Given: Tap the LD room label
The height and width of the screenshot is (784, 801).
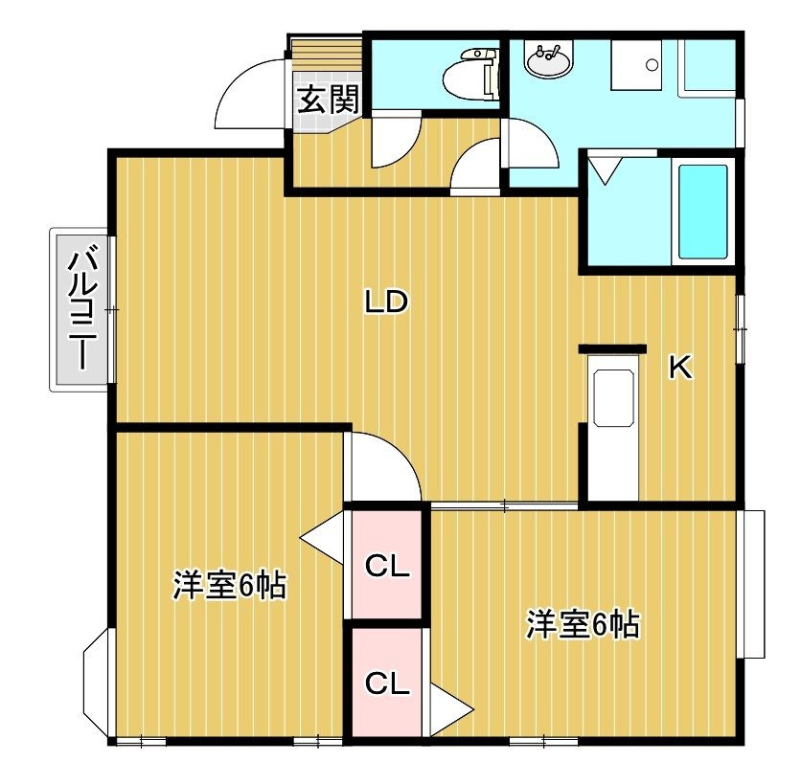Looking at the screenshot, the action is (387, 302).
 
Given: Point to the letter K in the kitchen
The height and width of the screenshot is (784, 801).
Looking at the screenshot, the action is (680, 368).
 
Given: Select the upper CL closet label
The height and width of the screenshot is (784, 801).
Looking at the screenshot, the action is (387, 566).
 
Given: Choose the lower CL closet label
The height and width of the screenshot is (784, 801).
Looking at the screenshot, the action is (387, 683).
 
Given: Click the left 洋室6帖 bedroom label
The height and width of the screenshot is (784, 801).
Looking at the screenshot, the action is (229, 586).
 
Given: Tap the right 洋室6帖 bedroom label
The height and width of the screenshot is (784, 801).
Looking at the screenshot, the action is (583, 624).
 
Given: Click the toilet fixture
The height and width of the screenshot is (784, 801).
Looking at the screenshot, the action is (471, 74).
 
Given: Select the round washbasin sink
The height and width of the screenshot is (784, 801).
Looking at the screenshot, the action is (548, 62).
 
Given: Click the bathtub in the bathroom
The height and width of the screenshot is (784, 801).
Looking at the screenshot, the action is (702, 212).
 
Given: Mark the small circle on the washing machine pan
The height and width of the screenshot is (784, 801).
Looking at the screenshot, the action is (652, 65).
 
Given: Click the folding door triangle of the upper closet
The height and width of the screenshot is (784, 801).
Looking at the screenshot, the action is (322, 538).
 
